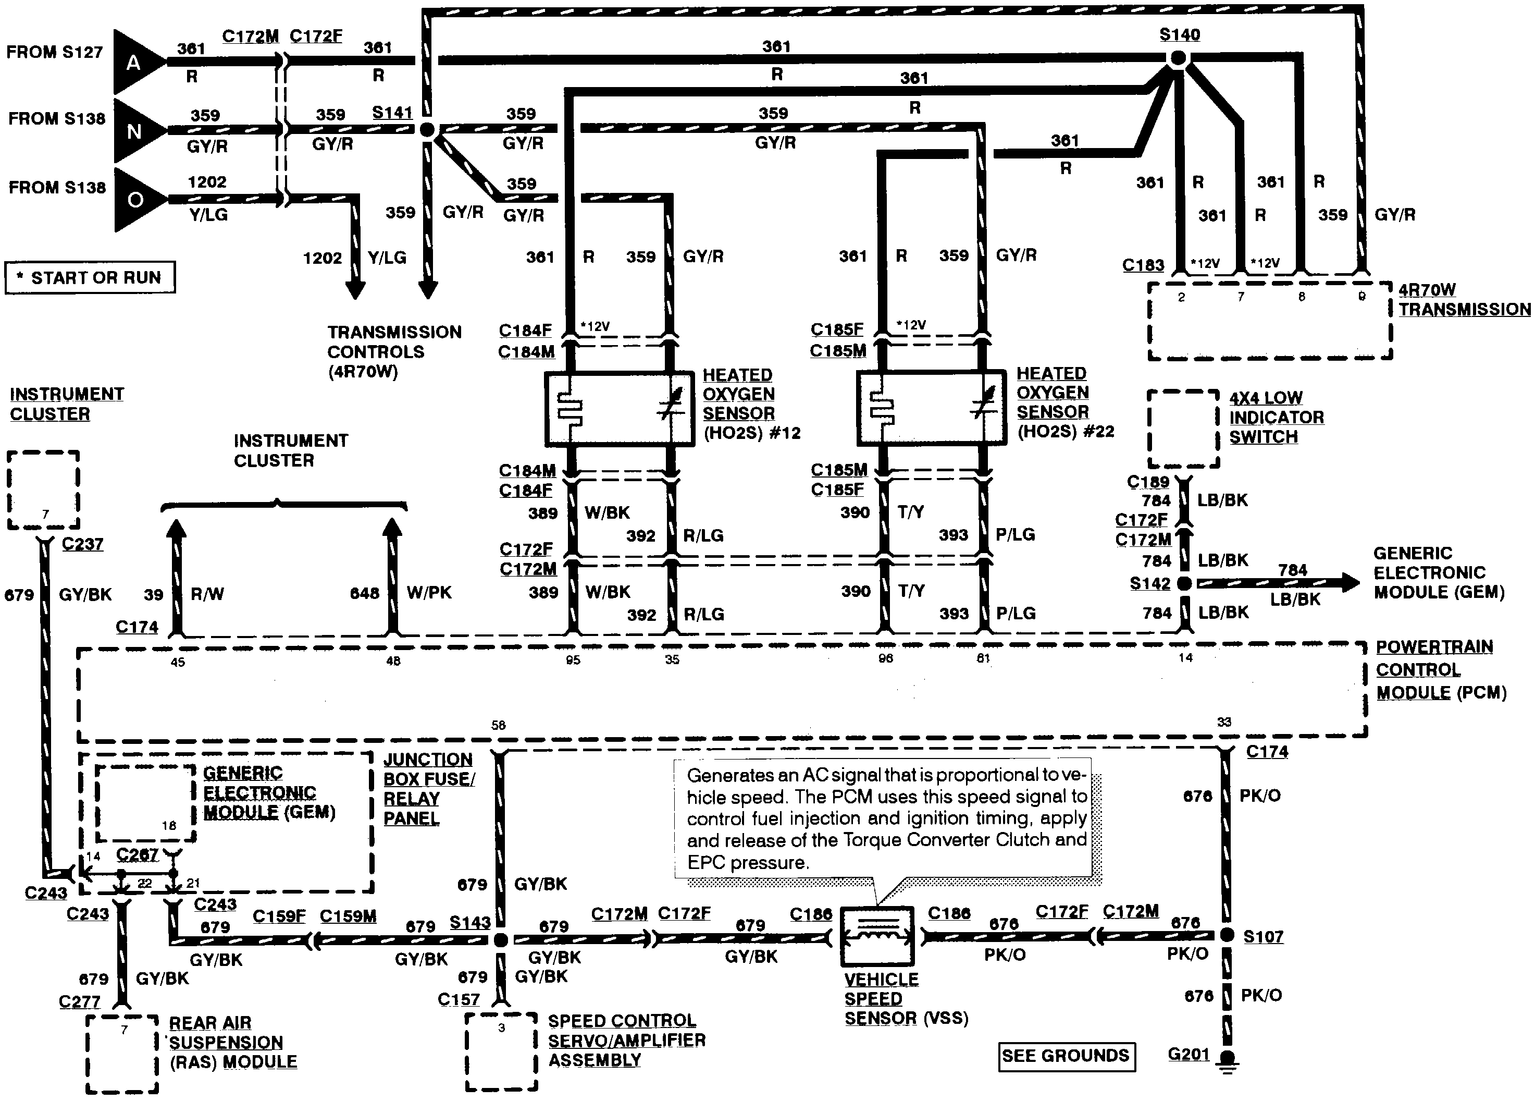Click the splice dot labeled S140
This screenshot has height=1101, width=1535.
tap(1178, 59)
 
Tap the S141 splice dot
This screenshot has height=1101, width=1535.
tap(427, 129)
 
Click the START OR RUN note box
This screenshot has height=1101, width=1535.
tap(90, 278)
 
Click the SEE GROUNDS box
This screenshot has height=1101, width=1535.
tap(1066, 1056)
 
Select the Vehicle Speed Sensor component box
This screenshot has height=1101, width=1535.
tap(877, 936)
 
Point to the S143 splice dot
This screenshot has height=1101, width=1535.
tap(501, 940)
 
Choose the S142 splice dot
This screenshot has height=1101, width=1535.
tap(1184, 583)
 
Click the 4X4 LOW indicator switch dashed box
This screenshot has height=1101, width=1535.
tap(1183, 429)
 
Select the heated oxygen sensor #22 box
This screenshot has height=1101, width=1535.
tap(931, 408)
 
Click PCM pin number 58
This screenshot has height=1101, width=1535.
tap(498, 725)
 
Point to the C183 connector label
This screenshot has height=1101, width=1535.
tap(1143, 265)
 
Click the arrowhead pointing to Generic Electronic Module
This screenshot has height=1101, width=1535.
tap(1350, 582)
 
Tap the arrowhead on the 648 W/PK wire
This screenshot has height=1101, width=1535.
tap(392, 529)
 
